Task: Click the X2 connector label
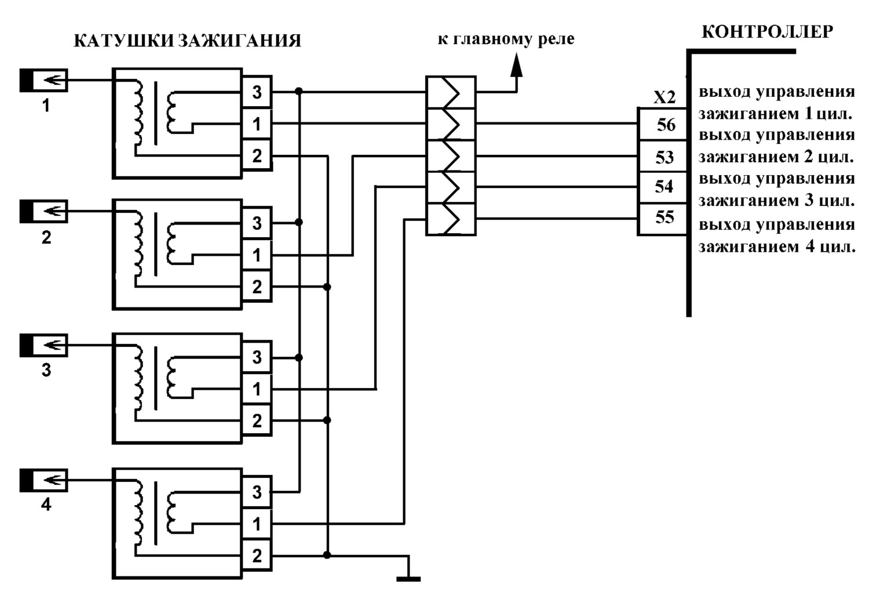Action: tap(664, 97)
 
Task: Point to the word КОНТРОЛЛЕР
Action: tap(768, 32)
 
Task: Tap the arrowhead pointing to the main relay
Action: tap(516, 65)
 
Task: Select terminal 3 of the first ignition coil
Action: tap(257, 92)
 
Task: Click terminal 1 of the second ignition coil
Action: tap(257, 255)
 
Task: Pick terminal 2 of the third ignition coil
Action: tap(257, 420)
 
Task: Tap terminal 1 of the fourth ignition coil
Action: tap(257, 524)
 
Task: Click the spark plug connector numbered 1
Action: tap(44, 81)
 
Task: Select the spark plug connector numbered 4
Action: tap(44, 480)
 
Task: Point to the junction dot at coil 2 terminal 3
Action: tap(299, 222)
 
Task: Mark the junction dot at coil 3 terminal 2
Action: tap(327, 420)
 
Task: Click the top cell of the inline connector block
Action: tap(451, 92)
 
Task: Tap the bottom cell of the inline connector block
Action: tap(451, 219)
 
